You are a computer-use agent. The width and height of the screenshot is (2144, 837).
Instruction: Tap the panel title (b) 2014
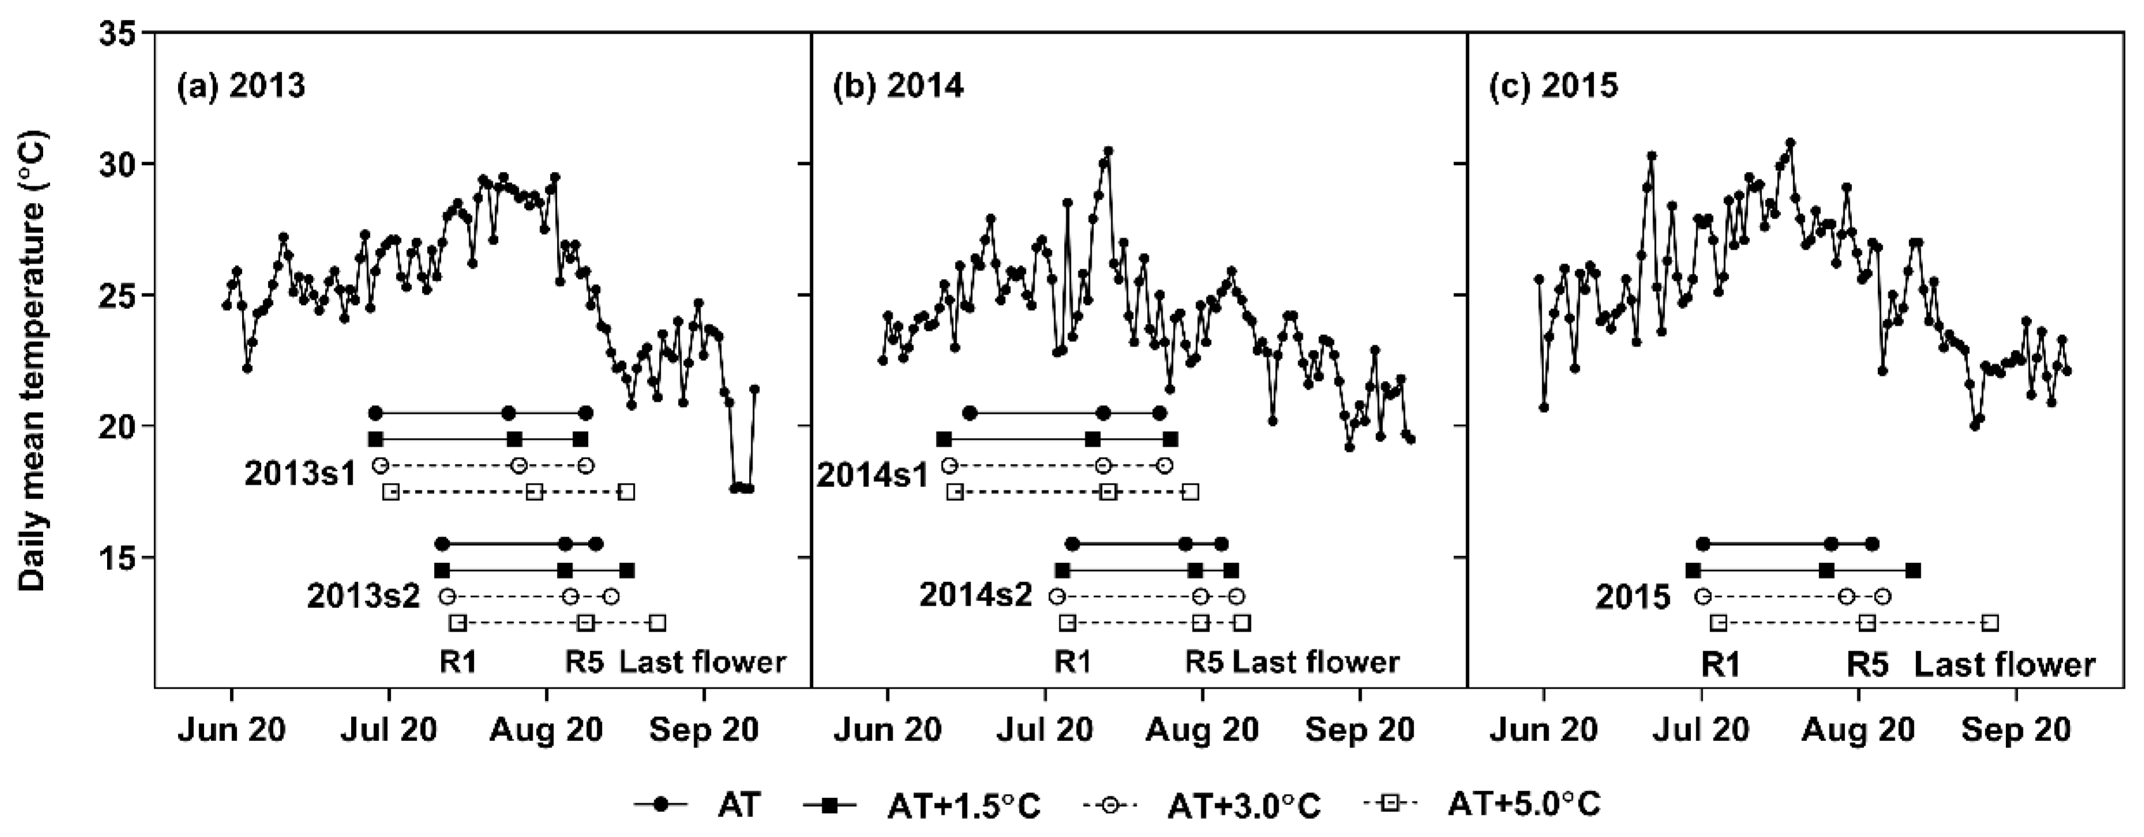[898, 86]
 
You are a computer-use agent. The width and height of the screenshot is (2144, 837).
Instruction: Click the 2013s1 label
[300, 474]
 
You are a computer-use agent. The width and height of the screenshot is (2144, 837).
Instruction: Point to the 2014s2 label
[976, 595]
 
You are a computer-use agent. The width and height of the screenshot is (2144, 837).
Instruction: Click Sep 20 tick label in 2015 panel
[2016, 731]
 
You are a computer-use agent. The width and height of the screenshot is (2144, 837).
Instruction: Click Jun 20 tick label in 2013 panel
[231, 731]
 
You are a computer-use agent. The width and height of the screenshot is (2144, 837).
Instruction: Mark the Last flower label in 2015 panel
[2004, 665]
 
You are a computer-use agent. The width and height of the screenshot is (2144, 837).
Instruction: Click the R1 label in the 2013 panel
[458, 662]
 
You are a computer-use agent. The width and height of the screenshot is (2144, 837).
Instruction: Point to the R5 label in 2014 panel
[1204, 662]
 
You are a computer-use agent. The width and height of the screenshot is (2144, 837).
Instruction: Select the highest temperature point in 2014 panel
[1108, 151]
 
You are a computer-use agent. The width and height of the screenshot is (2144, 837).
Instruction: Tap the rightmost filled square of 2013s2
[628, 570]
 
